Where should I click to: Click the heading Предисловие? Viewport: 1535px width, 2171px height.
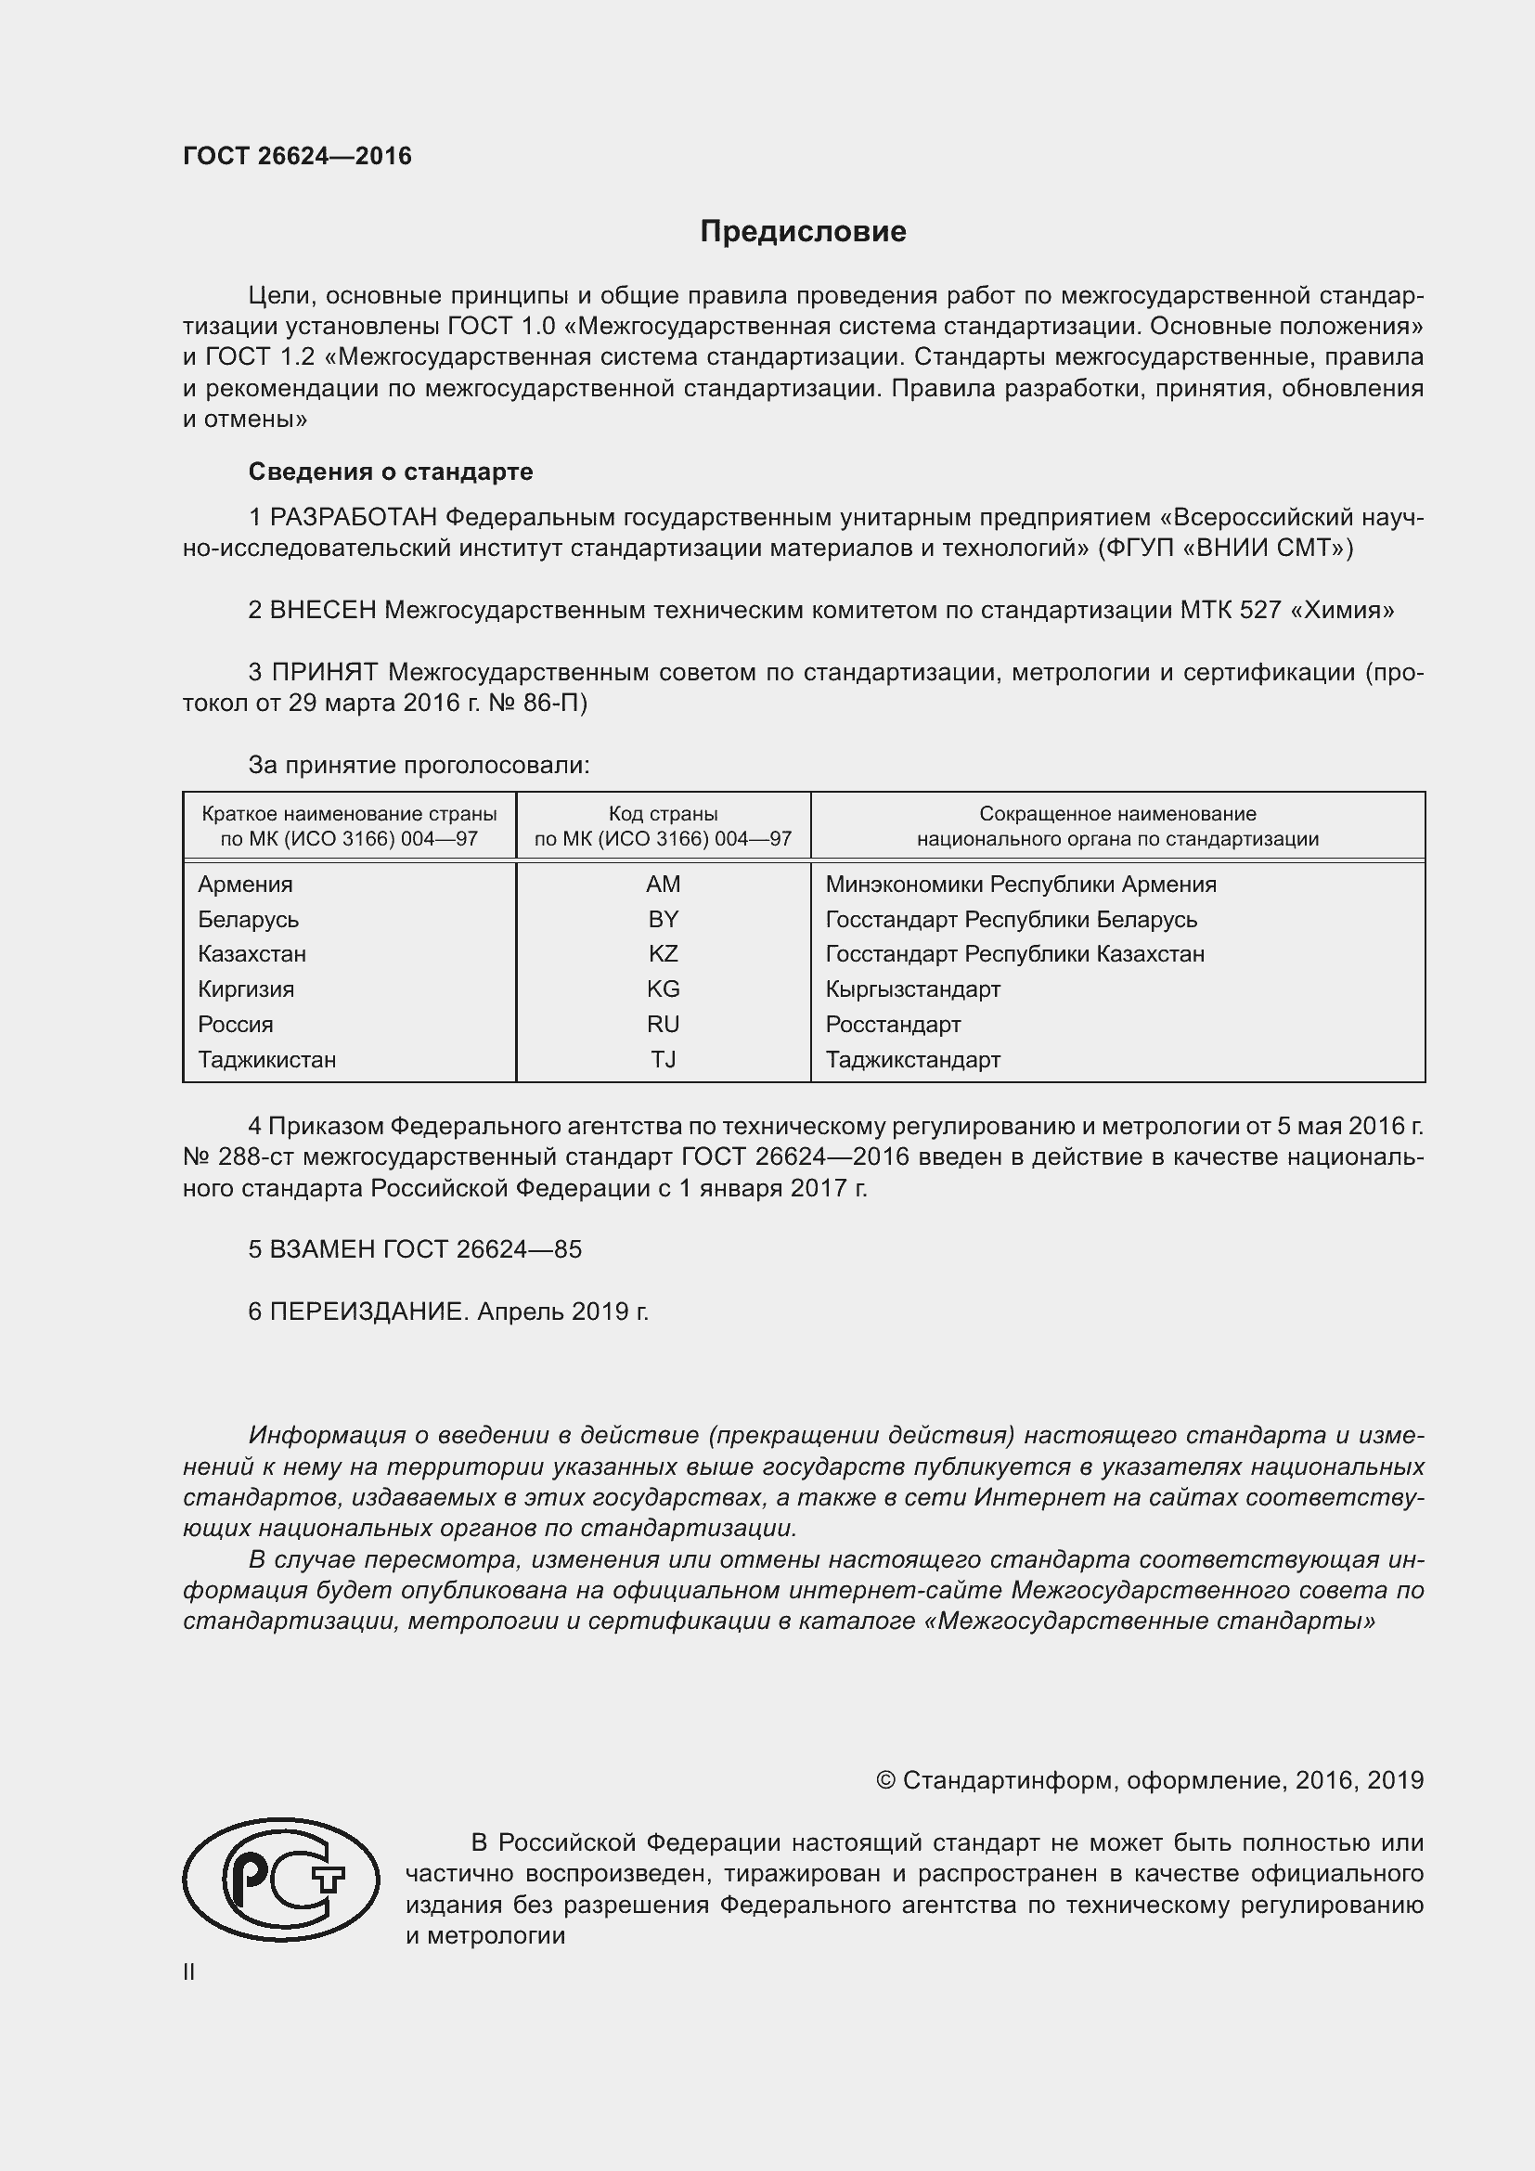coord(803,232)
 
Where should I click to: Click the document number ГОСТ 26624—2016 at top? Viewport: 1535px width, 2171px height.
coord(297,156)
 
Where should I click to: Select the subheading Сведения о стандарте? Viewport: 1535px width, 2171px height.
coord(391,471)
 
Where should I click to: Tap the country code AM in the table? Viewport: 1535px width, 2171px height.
coord(663,885)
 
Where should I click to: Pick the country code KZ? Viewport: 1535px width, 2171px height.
coord(663,953)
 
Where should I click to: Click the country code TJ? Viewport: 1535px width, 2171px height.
coord(663,1059)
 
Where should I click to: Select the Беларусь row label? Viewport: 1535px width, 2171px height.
coord(248,919)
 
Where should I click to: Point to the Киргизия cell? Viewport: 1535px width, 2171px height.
coord(246,989)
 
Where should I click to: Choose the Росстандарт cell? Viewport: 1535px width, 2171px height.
coord(892,1024)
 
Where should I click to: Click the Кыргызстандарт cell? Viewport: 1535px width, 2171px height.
coord(912,989)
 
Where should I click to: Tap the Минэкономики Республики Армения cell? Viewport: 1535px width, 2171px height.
coord(1020,885)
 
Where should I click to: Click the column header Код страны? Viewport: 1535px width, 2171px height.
coord(663,813)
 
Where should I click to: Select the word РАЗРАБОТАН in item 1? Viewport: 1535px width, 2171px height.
coord(354,517)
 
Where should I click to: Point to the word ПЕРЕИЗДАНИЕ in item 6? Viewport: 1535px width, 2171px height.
coord(368,1312)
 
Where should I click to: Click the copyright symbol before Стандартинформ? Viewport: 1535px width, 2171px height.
coord(884,1780)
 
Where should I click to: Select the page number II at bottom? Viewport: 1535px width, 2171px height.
coord(189,1972)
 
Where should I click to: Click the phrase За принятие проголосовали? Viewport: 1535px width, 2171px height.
coord(419,765)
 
